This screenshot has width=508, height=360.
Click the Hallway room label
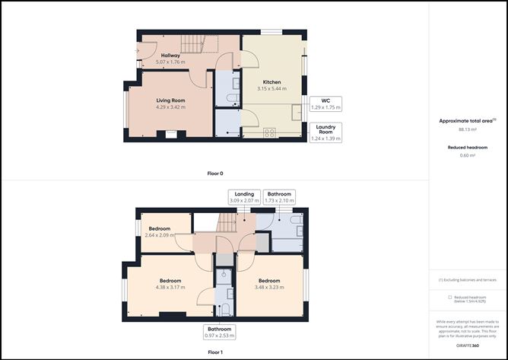pos(170,55)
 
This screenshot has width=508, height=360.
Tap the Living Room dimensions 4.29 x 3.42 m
pos(171,107)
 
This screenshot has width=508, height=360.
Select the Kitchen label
pos(271,81)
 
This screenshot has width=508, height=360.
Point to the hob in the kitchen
pos(270,132)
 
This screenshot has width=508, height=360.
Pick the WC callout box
pos(325,104)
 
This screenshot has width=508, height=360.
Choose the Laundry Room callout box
pos(325,132)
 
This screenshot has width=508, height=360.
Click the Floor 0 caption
pos(216,174)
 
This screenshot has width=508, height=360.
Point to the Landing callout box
pos(243,198)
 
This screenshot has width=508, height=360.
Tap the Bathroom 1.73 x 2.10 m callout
pos(278,198)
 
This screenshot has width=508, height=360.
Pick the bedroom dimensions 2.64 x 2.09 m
pos(159,235)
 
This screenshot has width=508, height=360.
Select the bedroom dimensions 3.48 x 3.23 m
pos(269,287)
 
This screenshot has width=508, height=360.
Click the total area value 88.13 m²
pos(467,129)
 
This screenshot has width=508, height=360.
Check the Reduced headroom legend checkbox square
pos(449,298)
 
